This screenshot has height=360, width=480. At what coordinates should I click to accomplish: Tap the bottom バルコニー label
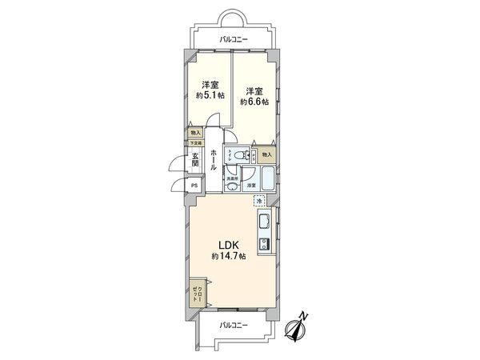[233, 325]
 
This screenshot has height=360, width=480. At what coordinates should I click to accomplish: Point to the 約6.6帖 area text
[254, 102]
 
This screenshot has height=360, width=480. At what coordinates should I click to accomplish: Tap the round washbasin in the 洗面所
[231, 186]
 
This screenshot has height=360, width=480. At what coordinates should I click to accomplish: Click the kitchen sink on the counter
[264, 221]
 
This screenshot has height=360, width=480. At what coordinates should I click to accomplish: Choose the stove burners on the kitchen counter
[264, 241]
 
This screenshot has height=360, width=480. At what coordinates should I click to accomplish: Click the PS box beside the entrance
[194, 185]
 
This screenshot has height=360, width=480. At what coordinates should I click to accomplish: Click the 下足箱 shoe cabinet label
[195, 143]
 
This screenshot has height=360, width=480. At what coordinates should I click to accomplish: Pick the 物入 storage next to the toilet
[267, 154]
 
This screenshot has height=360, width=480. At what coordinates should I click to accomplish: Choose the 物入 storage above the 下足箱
[195, 133]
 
